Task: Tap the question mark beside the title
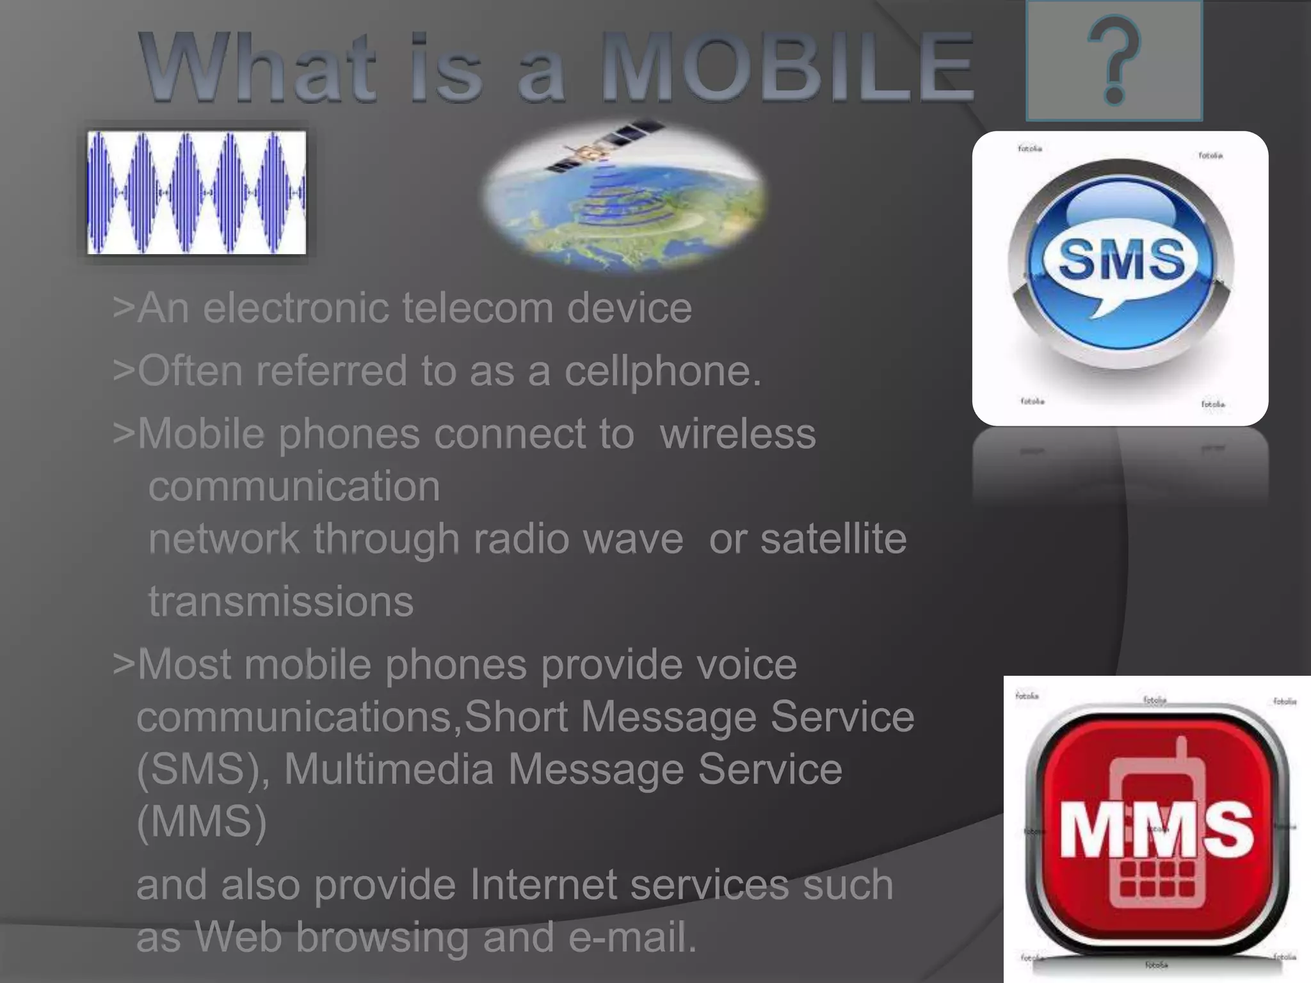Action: pyautogui.click(x=1114, y=61)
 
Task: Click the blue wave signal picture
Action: pyautogui.click(x=197, y=193)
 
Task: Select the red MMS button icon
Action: pyautogui.click(x=1157, y=829)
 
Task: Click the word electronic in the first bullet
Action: pyautogui.click(x=295, y=308)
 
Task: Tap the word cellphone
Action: pyautogui.click(x=662, y=371)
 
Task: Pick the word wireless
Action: pyautogui.click(x=737, y=434)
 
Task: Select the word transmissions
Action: pyautogui.click(x=281, y=602)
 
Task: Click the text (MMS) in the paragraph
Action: pyautogui.click(x=202, y=821)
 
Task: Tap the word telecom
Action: pyautogui.click(x=478, y=308)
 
